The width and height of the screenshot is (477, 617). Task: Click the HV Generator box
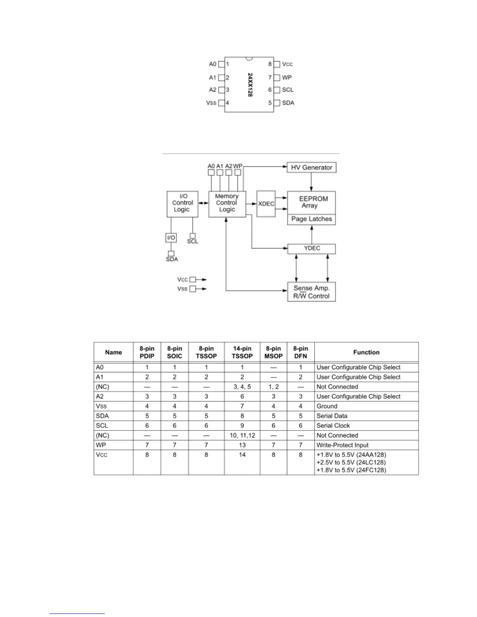pyautogui.click(x=311, y=167)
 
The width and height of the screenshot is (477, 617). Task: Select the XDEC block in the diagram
pyautogui.click(x=266, y=204)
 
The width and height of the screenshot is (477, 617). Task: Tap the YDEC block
pyautogui.click(x=311, y=249)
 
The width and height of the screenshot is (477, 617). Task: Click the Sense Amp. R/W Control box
pyautogui.click(x=311, y=292)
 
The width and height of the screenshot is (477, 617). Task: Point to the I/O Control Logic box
pyautogui.click(x=182, y=203)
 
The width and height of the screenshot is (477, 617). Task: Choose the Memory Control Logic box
pyautogui.click(x=227, y=203)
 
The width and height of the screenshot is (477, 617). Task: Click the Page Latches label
pyautogui.click(x=311, y=219)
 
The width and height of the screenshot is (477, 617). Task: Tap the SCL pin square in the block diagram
pyautogui.click(x=193, y=236)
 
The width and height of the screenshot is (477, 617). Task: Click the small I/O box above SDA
pyautogui.click(x=171, y=238)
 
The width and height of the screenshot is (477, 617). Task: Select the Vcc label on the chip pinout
pyautogui.click(x=287, y=64)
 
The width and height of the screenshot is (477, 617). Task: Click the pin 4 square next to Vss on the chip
pyautogui.click(x=221, y=103)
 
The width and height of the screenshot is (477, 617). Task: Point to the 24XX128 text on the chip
pyautogui.click(x=250, y=85)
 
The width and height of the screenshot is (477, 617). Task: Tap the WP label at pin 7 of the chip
pyautogui.click(x=287, y=78)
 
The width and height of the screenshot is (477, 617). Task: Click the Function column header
pyautogui.click(x=366, y=352)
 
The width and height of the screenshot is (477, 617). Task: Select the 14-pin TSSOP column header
pyautogui.click(x=242, y=352)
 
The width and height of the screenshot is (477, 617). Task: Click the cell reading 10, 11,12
pyautogui.click(x=242, y=435)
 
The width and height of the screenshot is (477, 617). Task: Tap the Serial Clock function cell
pyautogui.click(x=333, y=425)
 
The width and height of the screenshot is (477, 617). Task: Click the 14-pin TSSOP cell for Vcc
pyautogui.click(x=242, y=455)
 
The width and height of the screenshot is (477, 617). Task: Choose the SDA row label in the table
pyautogui.click(x=102, y=416)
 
